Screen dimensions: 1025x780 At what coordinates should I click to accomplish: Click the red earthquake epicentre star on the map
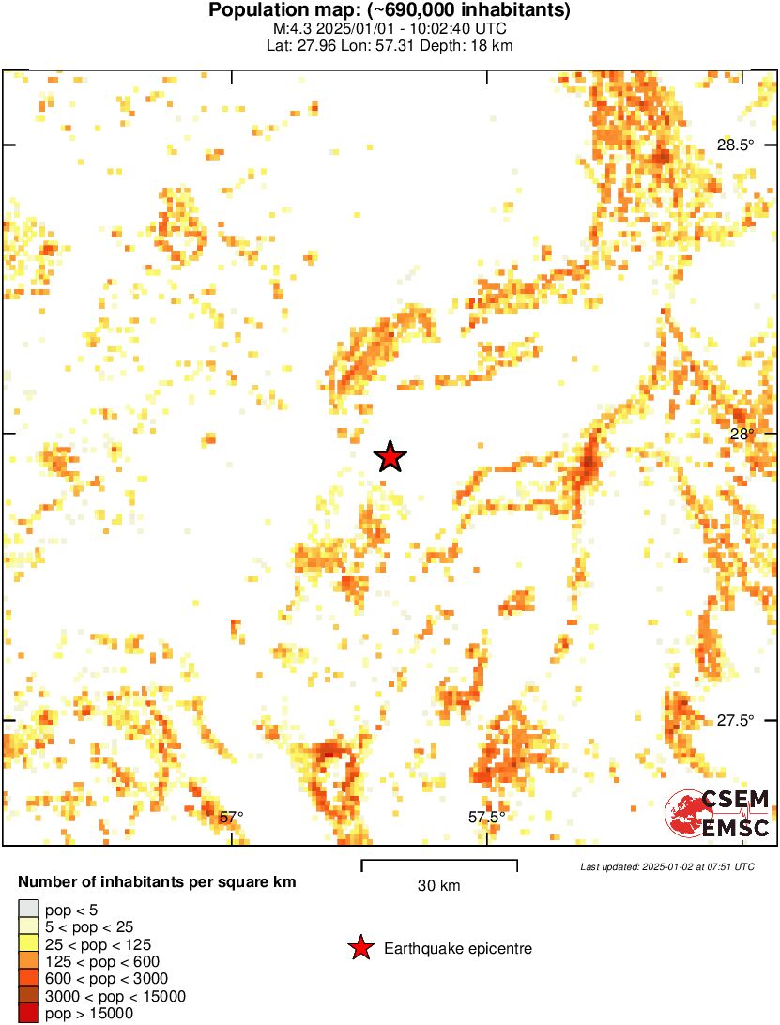(x=390, y=457)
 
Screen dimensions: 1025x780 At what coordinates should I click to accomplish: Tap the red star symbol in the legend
(x=360, y=949)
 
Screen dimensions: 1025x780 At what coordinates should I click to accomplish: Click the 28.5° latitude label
(x=735, y=145)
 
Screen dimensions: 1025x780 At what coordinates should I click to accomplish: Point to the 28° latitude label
(x=742, y=434)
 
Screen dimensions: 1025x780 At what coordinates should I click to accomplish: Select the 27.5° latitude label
(x=735, y=721)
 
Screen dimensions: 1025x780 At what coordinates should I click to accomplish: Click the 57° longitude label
(x=231, y=817)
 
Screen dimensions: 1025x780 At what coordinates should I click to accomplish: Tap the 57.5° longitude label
(x=486, y=817)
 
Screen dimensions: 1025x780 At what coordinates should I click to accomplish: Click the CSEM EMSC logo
(x=718, y=813)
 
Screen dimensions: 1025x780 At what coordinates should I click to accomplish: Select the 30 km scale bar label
(x=438, y=886)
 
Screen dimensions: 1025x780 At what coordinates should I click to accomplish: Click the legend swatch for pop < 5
(x=29, y=909)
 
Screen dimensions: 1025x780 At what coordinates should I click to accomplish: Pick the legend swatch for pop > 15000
(x=29, y=1014)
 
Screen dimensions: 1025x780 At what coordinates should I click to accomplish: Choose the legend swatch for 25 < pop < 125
(x=29, y=943)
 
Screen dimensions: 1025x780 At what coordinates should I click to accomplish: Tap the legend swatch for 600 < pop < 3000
(x=29, y=979)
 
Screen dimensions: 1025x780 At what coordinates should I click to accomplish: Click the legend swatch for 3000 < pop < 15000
(x=29, y=996)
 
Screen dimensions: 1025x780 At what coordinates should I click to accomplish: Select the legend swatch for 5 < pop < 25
(x=29, y=926)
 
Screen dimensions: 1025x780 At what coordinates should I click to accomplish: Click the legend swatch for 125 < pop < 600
(x=29, y=961)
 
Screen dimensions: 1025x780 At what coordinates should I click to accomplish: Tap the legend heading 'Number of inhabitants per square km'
(x=158, y=882)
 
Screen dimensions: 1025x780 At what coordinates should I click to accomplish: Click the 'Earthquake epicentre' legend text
(x=458, y=949)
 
